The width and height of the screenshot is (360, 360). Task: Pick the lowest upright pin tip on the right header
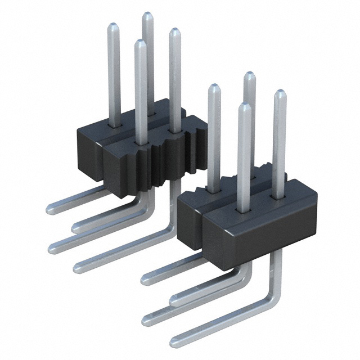pyautogui.click(x=244, y=106)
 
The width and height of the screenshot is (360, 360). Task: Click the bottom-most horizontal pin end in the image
pyautogui.click(x=175, y=340)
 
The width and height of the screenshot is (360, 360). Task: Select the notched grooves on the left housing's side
pyautogui.click(x=169, y=157)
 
